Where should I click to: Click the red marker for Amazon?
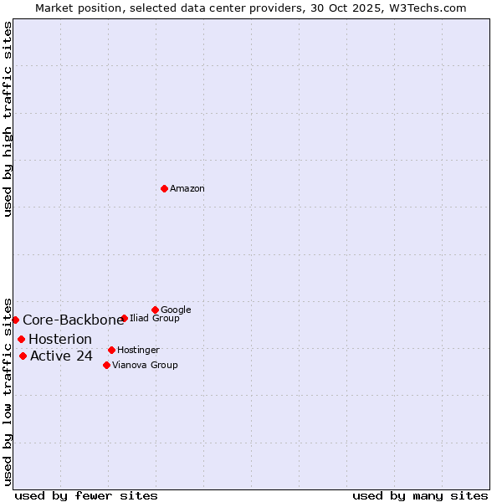(164, 188)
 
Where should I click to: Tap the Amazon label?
(187, 189)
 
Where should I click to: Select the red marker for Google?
(155, 310)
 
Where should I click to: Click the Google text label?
(176, 310)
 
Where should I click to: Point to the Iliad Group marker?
(124, 318)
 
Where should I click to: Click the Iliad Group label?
(155, 319)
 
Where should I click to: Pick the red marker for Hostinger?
(111, 350)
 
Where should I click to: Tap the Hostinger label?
(138, 351)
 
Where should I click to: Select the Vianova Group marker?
(106, 365)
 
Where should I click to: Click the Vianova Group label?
(145, 366)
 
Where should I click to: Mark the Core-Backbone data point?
(15, 320)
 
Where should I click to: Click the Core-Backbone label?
(73, 320)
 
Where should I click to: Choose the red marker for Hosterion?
(21, 339)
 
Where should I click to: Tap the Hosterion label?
(60, 340)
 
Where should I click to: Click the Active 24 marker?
(23, 356)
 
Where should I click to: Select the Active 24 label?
(61, 357)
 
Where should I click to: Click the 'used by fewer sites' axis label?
(86, 496)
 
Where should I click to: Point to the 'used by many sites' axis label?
(420, 496)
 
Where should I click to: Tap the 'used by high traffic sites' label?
(8, 119)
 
